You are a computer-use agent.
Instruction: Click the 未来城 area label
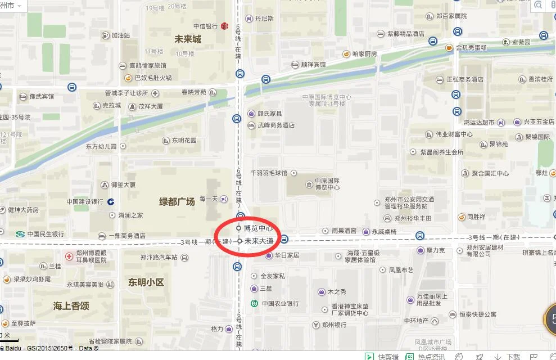(x=187, y=39)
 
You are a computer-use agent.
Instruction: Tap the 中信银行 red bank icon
(x=224, y=26)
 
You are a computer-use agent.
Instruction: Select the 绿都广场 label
(x=177, y=201)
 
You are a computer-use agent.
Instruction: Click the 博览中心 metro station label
(x=258, y=228)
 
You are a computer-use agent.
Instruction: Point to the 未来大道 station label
(x=259, y=241)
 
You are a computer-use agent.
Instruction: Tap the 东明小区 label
(x=146, y=282)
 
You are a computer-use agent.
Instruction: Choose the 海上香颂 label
(x=71, y=305)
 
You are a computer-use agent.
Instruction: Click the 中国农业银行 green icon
(x=254, y=304)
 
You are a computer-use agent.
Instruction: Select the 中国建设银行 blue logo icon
(x=111, y=201)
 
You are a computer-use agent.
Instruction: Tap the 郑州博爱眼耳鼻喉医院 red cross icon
(x=69, y=256)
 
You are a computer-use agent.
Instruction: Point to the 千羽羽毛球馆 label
(x=269, y=173)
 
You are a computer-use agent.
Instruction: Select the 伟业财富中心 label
(x=453, y=134)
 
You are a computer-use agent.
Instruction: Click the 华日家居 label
(x=287, y=255)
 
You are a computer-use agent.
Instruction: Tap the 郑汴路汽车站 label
(x=159, y=258)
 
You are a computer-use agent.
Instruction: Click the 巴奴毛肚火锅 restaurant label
(x=153, y=78)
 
